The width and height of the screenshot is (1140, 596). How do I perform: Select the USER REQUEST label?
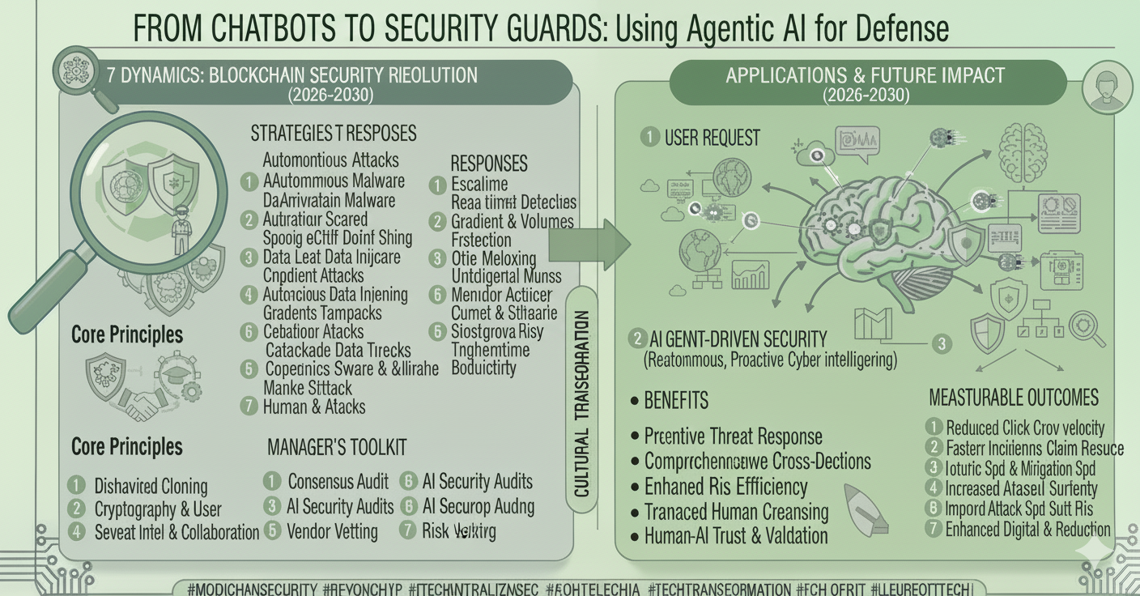[x=712, y=138]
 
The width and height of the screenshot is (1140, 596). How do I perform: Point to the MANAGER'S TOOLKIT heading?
[x=337, y=447]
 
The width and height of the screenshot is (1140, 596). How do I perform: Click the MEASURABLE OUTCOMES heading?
[x=1013, y=398]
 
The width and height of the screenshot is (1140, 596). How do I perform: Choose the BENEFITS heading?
[x=676, y=400]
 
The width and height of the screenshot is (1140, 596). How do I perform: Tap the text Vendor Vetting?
[x=333, y=531]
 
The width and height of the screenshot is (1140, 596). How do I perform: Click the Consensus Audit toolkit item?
[x=338, y=482]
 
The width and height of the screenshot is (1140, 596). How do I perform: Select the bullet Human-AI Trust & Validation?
[x=736, y=535]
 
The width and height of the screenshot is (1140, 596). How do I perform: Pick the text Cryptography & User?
[x=158, y=509]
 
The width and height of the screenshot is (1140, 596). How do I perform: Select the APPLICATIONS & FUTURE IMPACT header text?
[x=865, y=76]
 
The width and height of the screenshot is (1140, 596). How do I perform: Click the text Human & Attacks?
[x=314, y=407]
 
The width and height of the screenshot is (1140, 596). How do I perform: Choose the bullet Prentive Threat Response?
[x=734, y=436]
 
